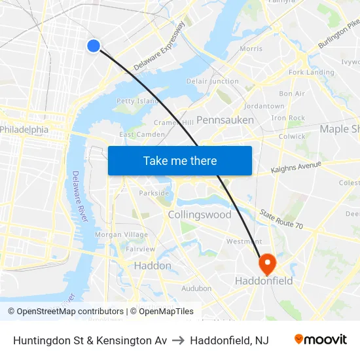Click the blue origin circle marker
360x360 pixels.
coord(94,45)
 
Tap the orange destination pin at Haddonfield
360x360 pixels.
coord(268,263)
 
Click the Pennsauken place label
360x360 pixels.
coord(225,120)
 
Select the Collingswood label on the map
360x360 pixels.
coord(200,215)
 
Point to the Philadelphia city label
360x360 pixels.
coord(24,130)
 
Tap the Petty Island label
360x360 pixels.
coord(137,101)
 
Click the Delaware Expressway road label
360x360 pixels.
coord(160,46)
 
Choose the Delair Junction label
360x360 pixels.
coord(212,81)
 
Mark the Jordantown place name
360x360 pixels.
coord(264,106)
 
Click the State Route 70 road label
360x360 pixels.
coord(281,220)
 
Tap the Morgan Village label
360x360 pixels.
coord(122,235)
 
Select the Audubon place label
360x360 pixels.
coord(196,288)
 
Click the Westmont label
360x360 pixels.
coord(244,242)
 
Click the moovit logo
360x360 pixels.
coord(321,340)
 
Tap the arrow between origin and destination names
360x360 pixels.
coord(178,340)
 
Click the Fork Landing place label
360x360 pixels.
coord(312,72)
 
